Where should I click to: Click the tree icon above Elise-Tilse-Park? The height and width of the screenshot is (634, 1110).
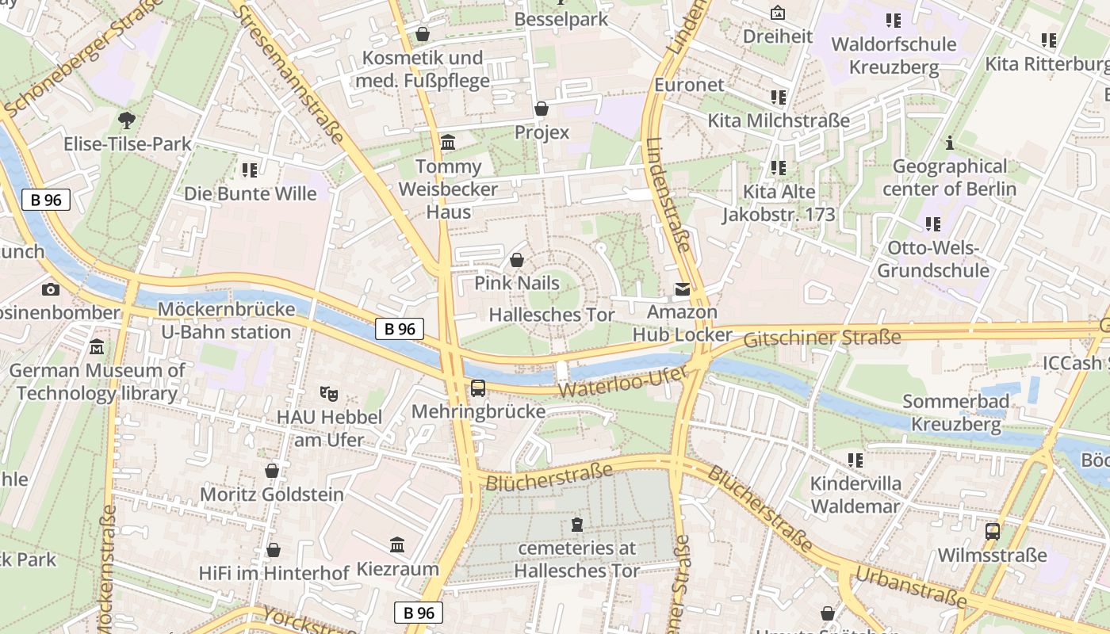(x=126, y=120)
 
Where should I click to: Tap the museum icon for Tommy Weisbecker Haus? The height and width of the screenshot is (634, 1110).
(x=448, y=143)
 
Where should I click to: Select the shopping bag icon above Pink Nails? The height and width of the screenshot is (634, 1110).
(x=517, y=260)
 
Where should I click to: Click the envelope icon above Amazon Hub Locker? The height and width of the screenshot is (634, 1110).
(x=682, y=290)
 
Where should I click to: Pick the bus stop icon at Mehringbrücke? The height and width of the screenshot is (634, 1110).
(x=478, y=388)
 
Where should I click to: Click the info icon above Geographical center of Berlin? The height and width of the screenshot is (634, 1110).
(x=949, y=143)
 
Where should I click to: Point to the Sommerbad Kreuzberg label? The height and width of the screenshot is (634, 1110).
(x=956, y=413)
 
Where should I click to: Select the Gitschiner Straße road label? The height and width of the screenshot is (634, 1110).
(x=822, y=338)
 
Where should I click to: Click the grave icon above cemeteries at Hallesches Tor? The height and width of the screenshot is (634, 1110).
(x=576, y=525)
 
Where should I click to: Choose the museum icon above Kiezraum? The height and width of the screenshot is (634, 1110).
(x=397, y=545)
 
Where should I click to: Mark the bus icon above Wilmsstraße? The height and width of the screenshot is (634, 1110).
(x=992, y=532)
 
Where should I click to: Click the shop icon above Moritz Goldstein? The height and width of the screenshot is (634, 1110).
(x=272, y=471)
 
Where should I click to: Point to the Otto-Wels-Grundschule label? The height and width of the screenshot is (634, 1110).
(x=933, y=259)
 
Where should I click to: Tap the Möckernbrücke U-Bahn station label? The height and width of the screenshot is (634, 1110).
(x=226, y=320)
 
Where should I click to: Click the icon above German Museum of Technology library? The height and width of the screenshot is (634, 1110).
(x=97, y=347)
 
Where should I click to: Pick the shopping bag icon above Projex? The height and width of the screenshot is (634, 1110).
(x=542, y=109)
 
